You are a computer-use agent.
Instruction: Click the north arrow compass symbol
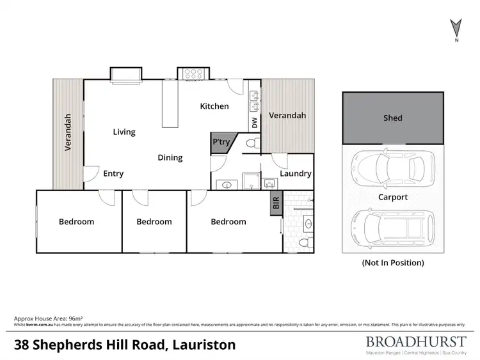[455, 29]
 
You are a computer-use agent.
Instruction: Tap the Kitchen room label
[214, 106]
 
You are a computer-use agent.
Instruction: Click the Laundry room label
[296, 173]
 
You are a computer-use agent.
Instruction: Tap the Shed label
[392, 118]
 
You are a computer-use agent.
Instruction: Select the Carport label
[392, 197]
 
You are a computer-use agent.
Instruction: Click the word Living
[124, 132]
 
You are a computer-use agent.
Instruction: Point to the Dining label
[170, 157]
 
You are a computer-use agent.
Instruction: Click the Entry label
[113, 173]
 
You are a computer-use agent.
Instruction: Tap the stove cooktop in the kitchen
[190, 75]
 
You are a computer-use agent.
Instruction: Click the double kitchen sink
[253, 98]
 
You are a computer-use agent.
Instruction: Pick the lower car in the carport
[390, 228]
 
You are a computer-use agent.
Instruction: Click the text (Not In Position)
[392, 262]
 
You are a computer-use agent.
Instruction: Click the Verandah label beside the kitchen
[287, 116]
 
